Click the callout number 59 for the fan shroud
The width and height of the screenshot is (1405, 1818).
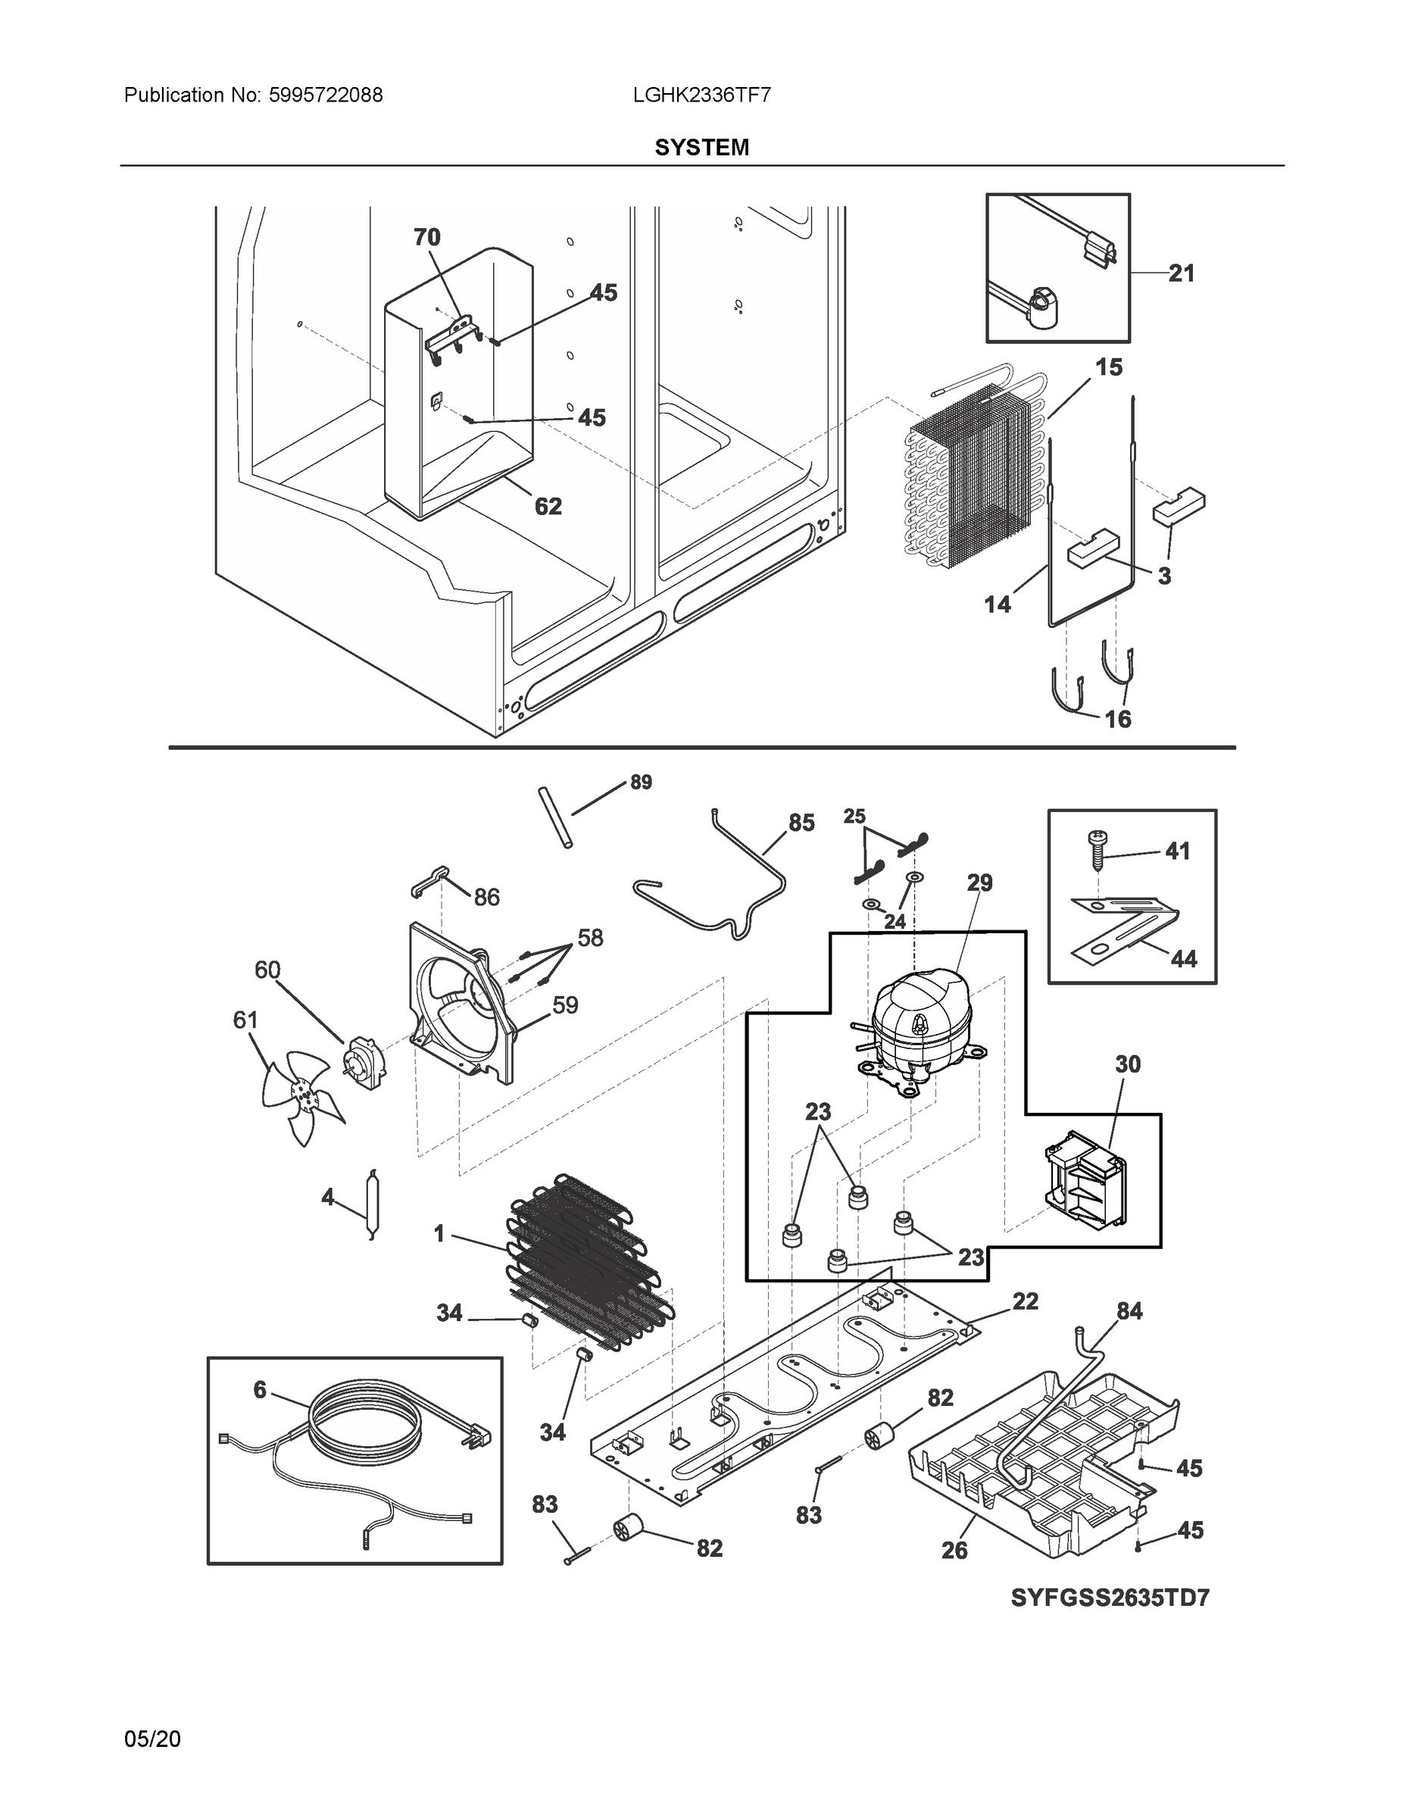[565, 1005]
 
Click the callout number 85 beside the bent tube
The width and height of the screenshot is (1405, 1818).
[801, 823]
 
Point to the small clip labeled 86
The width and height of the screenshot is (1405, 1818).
[428, 881]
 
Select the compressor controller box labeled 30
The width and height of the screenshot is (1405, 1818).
[1084, 1180]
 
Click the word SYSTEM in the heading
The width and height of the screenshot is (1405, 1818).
[701, 148]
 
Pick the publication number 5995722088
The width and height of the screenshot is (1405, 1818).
[326, 95]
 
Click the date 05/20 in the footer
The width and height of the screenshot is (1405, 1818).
[152, 1739]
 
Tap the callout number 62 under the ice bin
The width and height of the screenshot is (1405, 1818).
[548, 506]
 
